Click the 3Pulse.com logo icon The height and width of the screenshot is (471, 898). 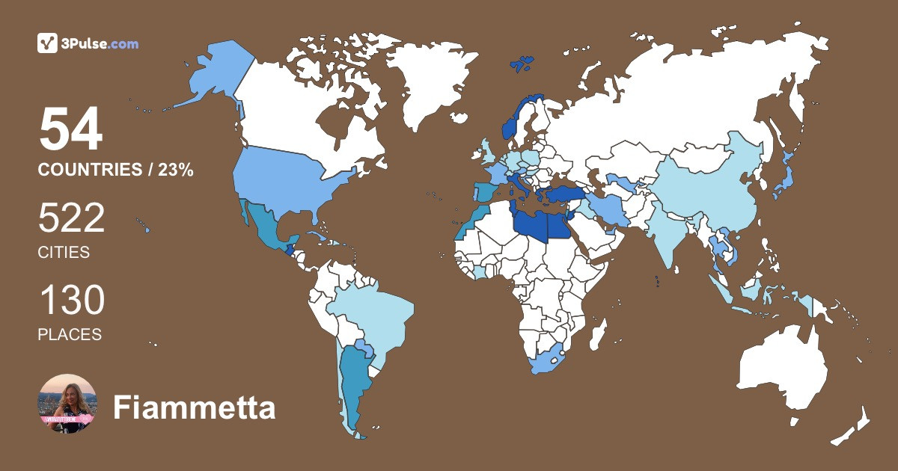pos(48,43)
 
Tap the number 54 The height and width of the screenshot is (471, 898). pos(70,130)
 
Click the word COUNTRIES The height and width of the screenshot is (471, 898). pos(89,170)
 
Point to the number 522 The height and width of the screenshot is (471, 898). pos(71,219)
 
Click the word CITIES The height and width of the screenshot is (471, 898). pos(64,253)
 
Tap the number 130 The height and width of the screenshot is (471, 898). pos(71,301)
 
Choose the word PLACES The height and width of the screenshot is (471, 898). pos(70,335)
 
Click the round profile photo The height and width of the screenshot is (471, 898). pos(67,404)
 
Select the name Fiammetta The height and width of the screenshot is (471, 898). pos(194,408)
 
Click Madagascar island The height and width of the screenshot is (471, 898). pos(596,333)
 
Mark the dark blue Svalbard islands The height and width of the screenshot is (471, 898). pos(522,63)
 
